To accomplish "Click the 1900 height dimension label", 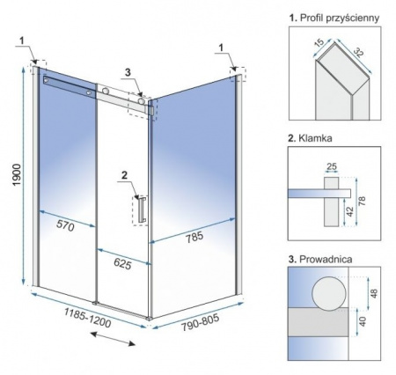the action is [x=17, y=174].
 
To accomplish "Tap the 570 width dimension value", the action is [x=65, y=225].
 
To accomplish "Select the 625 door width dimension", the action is [x=122, y=264].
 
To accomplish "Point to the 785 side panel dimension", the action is [x=194, y=237].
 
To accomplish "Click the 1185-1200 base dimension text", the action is [x=88, y=318].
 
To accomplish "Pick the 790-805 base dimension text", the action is [x=200, y=322].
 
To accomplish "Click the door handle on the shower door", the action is [x=143, y=210].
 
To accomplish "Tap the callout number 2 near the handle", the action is [x=124, y=175].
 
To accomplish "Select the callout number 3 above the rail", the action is [x=128, y=73].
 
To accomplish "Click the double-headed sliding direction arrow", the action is [x=113, y=339].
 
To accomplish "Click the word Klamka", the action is [x=315, y=138].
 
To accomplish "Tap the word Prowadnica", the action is [x=326, y=259].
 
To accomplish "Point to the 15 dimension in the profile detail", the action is [x=319, y=43].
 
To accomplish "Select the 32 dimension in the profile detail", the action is [x=358, y=52].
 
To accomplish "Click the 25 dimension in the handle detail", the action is [x=332, y=166].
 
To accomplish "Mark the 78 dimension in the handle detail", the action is [x=363, y=201].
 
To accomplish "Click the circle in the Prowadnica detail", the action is [x=329, y=293].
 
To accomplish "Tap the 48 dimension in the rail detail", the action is [x=374, y=293].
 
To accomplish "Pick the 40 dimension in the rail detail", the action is [x=363, y=321].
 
